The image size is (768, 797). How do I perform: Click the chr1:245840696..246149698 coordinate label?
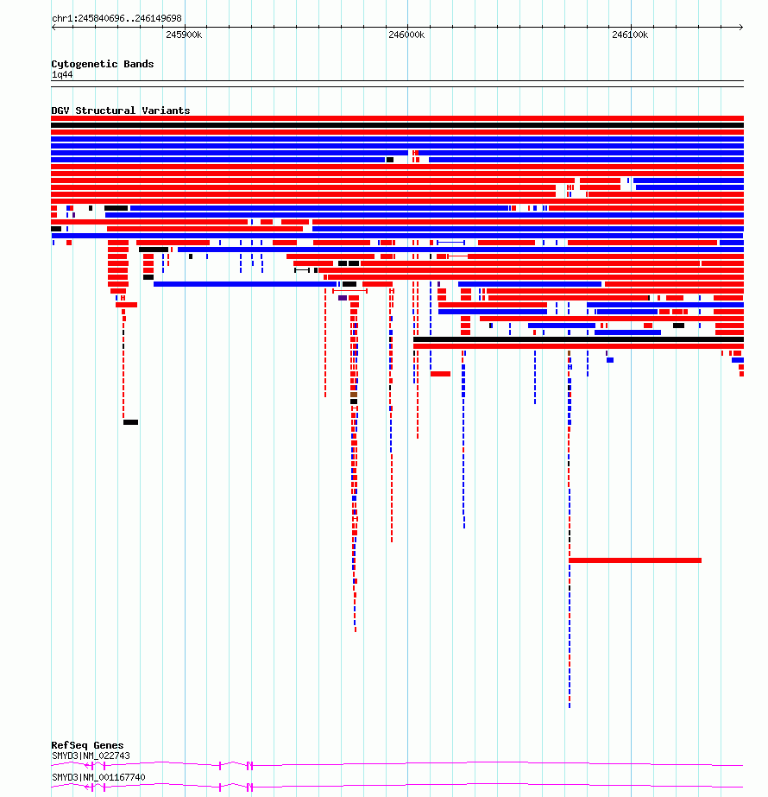116,18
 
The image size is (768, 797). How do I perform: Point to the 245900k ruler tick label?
184,35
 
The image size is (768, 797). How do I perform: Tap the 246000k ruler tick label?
406,35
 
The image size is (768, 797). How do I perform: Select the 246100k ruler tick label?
630,35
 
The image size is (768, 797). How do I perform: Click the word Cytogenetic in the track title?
85,64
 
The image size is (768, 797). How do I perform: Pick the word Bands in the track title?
139,64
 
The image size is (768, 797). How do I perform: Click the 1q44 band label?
62,75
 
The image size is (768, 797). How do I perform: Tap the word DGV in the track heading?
60,111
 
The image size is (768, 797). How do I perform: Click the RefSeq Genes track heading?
87,745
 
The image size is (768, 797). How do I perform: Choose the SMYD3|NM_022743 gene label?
91,756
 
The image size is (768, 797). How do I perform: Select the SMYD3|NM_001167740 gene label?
98,777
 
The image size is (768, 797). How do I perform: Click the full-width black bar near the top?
397,125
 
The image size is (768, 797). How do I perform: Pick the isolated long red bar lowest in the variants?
635,560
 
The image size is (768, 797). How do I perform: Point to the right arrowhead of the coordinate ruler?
741,27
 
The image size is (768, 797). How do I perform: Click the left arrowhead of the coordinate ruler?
54,27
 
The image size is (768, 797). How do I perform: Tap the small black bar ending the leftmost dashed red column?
130,422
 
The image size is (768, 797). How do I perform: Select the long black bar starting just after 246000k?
578,339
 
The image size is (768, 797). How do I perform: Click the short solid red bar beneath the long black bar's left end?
440,374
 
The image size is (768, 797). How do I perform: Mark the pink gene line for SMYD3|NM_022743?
397,764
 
